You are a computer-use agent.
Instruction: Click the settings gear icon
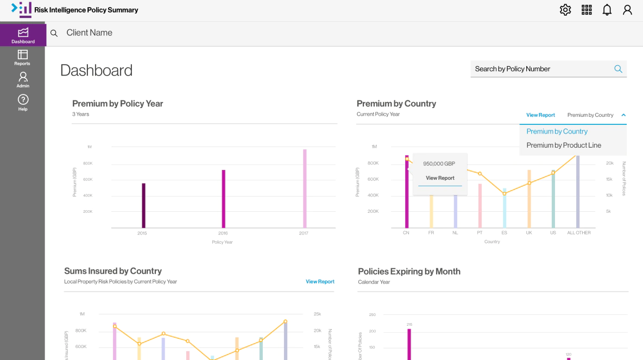(x=565, y=10)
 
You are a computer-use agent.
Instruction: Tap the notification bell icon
(x=607, y=10)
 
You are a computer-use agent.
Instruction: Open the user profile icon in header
(x=627, y=10)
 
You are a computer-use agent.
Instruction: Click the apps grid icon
(x=587, y=10)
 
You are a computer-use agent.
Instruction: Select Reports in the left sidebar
(x=22, y=58)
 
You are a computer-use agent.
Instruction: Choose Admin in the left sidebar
(x=23, y=80)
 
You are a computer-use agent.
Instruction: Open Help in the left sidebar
(x=23, y=102)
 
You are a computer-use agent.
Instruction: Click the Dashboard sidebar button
(x=23, y=35)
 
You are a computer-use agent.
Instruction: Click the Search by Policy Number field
(x=540, y=69)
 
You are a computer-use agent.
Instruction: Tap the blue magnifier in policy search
(x=618, y=69)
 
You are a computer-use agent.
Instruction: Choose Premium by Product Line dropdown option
(x=564, y=145)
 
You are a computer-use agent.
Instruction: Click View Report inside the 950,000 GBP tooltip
(x=440, y=178)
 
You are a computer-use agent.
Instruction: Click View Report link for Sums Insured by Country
(x=320, y=282)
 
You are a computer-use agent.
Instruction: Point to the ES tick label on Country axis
(x=504, y=233)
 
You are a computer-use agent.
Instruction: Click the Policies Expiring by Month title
(x=409, y=271)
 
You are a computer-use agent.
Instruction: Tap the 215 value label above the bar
(x=409, y=325)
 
